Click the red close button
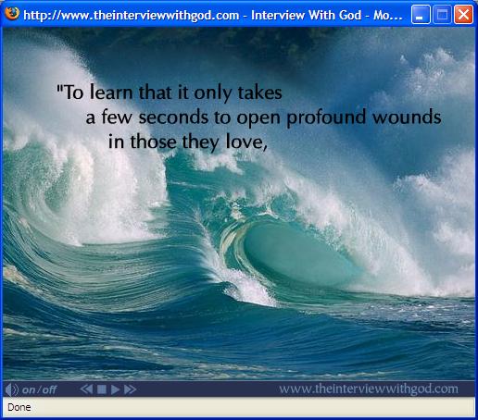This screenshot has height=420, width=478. click(463, 15)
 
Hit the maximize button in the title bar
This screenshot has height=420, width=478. click(442, 15)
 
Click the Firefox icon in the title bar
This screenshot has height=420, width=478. click(12, 14)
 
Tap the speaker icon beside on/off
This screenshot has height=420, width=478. click(12, 389)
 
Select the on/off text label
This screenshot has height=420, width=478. click(39, 389)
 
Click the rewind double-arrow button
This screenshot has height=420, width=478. click(86, 389)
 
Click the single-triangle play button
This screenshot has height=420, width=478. click(115, 389)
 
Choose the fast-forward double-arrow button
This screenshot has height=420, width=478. click(130, 389)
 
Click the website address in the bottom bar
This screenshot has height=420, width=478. click(369, 389)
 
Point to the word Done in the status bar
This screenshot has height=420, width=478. click(19, 407)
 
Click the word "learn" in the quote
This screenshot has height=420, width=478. click(111, 93)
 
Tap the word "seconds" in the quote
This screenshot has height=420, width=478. click(173, 117)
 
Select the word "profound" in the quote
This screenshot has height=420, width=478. click(326, 118)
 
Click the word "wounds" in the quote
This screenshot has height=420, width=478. click(407, 117)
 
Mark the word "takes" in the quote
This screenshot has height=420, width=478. click(259, 93)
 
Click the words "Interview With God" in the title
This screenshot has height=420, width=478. click(307, 15)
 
